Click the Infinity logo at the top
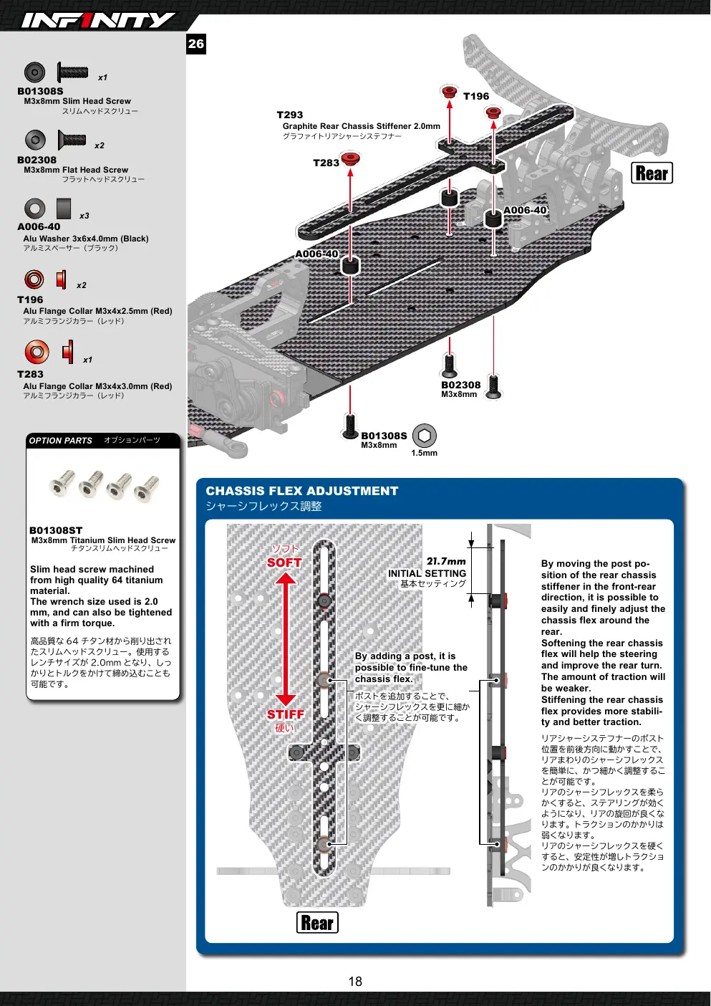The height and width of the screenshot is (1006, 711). [98, 20]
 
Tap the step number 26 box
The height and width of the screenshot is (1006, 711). [196, 44]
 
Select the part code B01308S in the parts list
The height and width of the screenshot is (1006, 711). [40, 91]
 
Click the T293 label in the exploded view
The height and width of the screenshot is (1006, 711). [290, 115]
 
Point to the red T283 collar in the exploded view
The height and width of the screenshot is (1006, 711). [350, 158]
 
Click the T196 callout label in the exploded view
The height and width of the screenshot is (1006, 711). [476, 96]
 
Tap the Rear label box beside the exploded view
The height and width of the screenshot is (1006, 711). [652, 173]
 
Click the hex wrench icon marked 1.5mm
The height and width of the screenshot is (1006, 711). [424, 435]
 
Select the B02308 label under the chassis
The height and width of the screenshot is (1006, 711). [460, 385]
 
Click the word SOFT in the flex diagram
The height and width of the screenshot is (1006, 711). [284, 562]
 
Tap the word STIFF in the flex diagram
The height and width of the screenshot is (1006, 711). [286, 714]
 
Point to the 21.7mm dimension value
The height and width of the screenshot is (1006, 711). [446, 561]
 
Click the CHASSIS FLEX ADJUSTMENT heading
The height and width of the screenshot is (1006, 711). [302, 491]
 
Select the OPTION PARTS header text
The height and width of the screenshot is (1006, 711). [61, 441]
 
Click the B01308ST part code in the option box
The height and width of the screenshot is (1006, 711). [56, 530]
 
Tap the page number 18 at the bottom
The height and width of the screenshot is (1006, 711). [355, 982]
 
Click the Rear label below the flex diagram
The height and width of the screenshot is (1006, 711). [317, 922]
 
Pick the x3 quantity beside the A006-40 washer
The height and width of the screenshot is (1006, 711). [84, 216]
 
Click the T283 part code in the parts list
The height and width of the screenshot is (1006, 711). [30, 374]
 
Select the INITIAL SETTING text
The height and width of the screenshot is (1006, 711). [427, 573]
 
